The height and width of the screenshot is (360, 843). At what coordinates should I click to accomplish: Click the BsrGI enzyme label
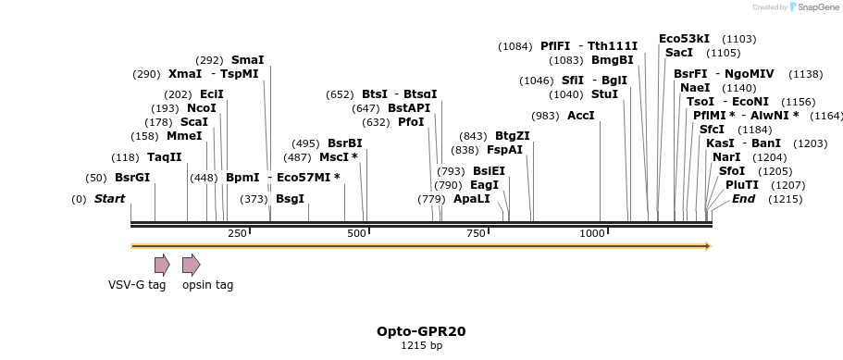[131, 178]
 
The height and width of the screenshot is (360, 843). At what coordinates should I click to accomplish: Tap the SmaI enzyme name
[247, 60]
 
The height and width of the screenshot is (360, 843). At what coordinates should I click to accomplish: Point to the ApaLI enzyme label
[471, 199]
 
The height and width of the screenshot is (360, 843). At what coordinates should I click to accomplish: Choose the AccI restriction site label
[580, 116]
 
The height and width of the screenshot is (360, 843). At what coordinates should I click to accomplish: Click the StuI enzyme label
[603, 94]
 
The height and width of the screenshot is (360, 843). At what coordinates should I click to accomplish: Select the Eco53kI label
[684, 39]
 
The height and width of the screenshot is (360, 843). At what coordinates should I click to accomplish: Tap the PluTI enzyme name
[741, 185]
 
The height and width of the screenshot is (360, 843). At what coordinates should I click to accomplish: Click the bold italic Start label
[109, 199]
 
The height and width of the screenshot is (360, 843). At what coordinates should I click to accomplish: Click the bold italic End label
[743, 199]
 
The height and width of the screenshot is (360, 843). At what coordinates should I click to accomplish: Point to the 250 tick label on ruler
[237, 233]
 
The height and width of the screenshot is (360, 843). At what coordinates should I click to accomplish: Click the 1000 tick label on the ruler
[591, 233]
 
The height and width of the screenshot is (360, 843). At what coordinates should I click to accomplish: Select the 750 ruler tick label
[476, 233]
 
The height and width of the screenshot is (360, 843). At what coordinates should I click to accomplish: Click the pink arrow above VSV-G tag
[162, 265]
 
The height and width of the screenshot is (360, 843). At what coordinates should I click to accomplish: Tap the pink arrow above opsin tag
[191, 265]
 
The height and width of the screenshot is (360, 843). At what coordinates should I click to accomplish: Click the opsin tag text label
[207, 285]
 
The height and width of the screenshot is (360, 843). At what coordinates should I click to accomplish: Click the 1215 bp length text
[421, 346]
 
